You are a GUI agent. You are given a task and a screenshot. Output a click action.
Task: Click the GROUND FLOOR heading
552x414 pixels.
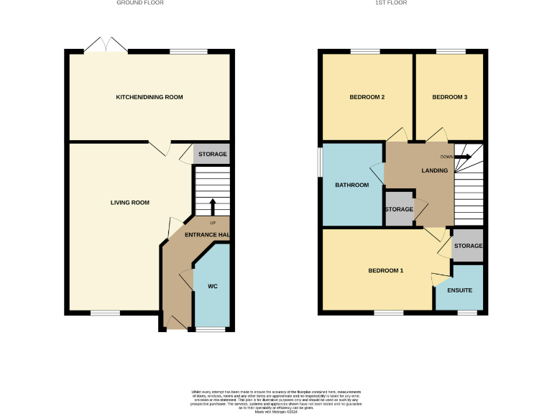pos(140,3)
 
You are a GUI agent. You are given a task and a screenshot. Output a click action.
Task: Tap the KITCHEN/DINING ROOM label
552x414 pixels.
pos(149,97)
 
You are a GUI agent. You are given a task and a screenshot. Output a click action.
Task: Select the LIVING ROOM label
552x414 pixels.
pos(130,203)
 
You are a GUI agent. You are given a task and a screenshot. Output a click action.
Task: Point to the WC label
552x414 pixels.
pos(213,287)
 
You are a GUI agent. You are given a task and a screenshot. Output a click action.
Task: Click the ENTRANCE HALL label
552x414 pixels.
pos(207,236)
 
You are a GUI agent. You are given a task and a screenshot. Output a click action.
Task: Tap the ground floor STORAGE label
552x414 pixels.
pos(213,155)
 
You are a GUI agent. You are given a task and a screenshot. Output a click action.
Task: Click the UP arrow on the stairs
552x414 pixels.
pos(213,206)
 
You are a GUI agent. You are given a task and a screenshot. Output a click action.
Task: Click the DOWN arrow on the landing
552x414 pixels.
pos(462,156)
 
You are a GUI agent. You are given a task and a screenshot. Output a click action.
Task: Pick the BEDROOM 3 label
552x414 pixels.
pos(450,97)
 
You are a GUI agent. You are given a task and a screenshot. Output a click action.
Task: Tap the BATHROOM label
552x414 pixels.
pos(352,185)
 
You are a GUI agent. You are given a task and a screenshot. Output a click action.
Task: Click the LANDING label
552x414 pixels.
pos(435,170)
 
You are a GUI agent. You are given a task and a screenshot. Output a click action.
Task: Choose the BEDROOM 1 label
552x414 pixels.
pos(386,271)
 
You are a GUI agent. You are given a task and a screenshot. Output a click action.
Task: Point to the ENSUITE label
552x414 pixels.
pos(459,291)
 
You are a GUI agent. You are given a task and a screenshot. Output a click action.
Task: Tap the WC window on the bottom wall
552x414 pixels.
pos(211,329)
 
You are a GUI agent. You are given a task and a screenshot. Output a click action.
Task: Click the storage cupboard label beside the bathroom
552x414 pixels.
pos(399,210)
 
